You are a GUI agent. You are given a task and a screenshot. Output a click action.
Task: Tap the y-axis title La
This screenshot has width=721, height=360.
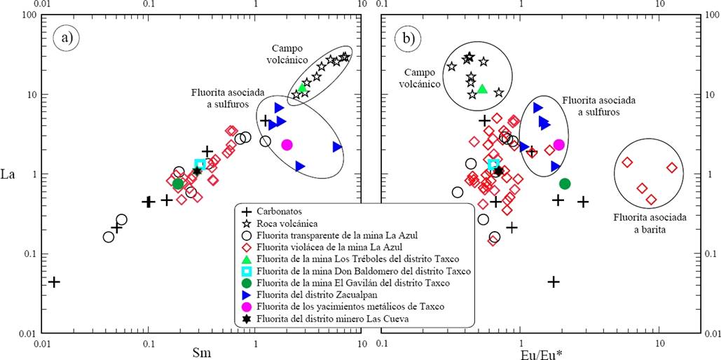click(12, 172)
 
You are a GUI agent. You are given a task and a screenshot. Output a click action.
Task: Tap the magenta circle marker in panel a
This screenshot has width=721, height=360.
click(287, 144)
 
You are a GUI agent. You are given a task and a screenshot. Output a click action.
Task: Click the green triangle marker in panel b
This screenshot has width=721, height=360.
click(482, 89)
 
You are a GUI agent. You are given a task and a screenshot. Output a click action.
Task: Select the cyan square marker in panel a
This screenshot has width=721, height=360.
click(200, 164)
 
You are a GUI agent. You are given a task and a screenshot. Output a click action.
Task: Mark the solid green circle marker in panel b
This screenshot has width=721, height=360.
click(565, 184)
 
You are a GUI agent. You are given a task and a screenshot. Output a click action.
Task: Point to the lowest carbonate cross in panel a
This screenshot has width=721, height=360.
click(54, 282)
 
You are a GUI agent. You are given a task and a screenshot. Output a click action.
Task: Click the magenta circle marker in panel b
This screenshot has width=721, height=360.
click(558, 145)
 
